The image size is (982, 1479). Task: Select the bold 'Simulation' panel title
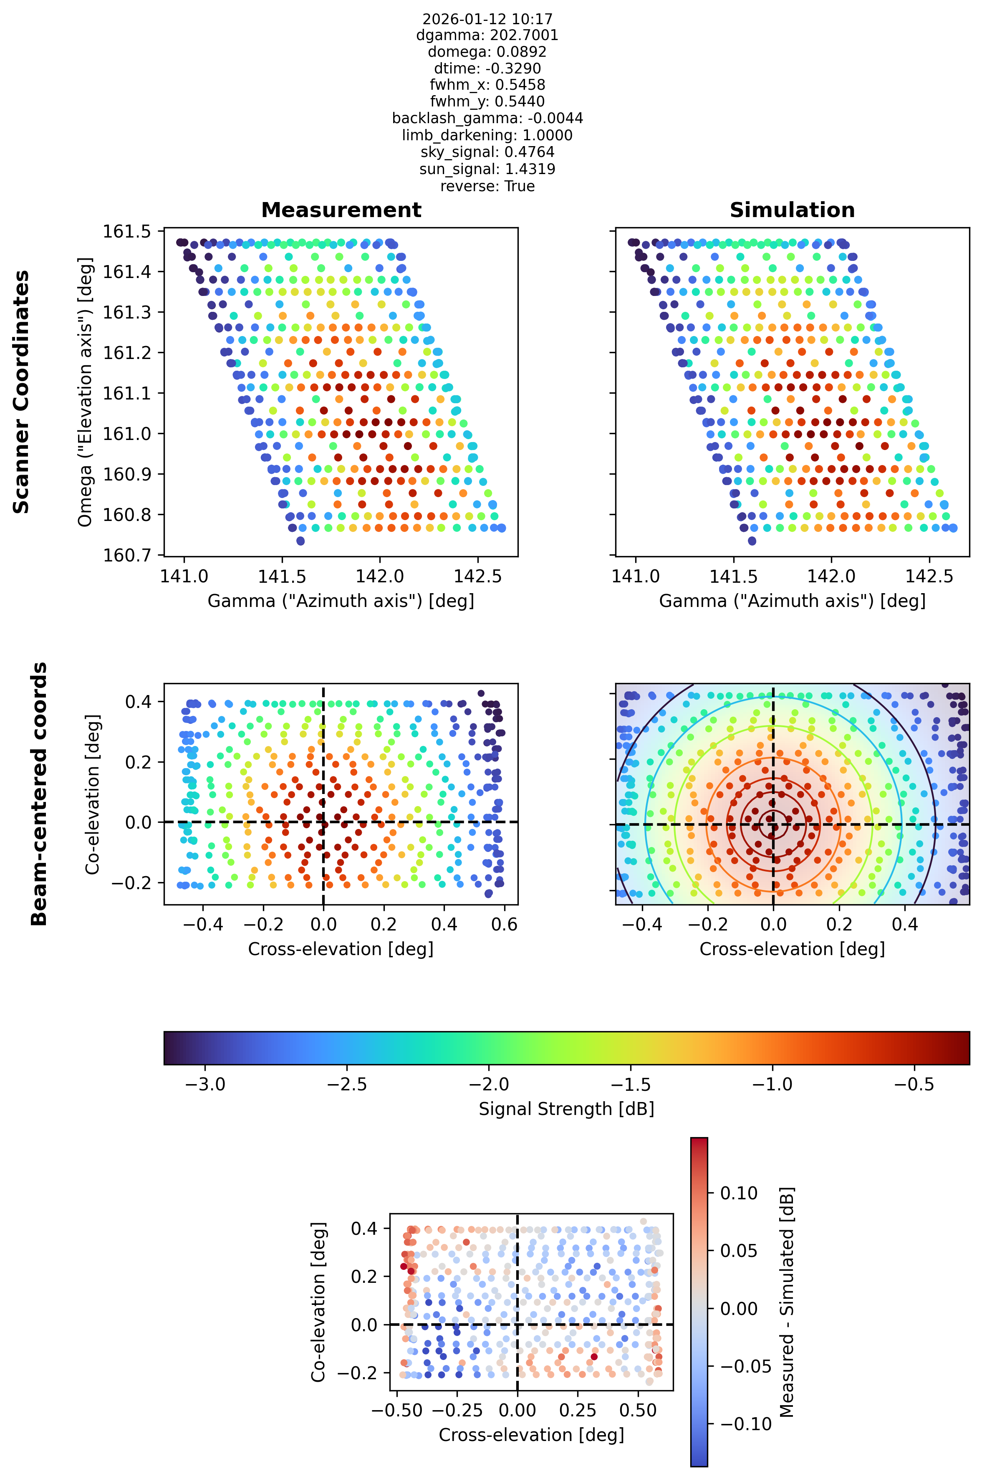click(x=792, y=210)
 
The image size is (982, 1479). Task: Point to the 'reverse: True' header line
click(x=487, y=186)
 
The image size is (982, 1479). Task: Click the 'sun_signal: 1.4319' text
click(x=487, y=169)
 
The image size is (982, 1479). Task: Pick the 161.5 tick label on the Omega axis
click(x=127, y=232)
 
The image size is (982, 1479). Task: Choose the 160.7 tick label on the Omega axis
click(x=127, y=555)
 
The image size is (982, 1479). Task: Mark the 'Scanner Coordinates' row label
click(x=21, y=392)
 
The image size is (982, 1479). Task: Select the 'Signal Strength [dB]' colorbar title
click(x=566, y=1109)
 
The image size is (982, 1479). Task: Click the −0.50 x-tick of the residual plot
click(x=396, y=1410)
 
